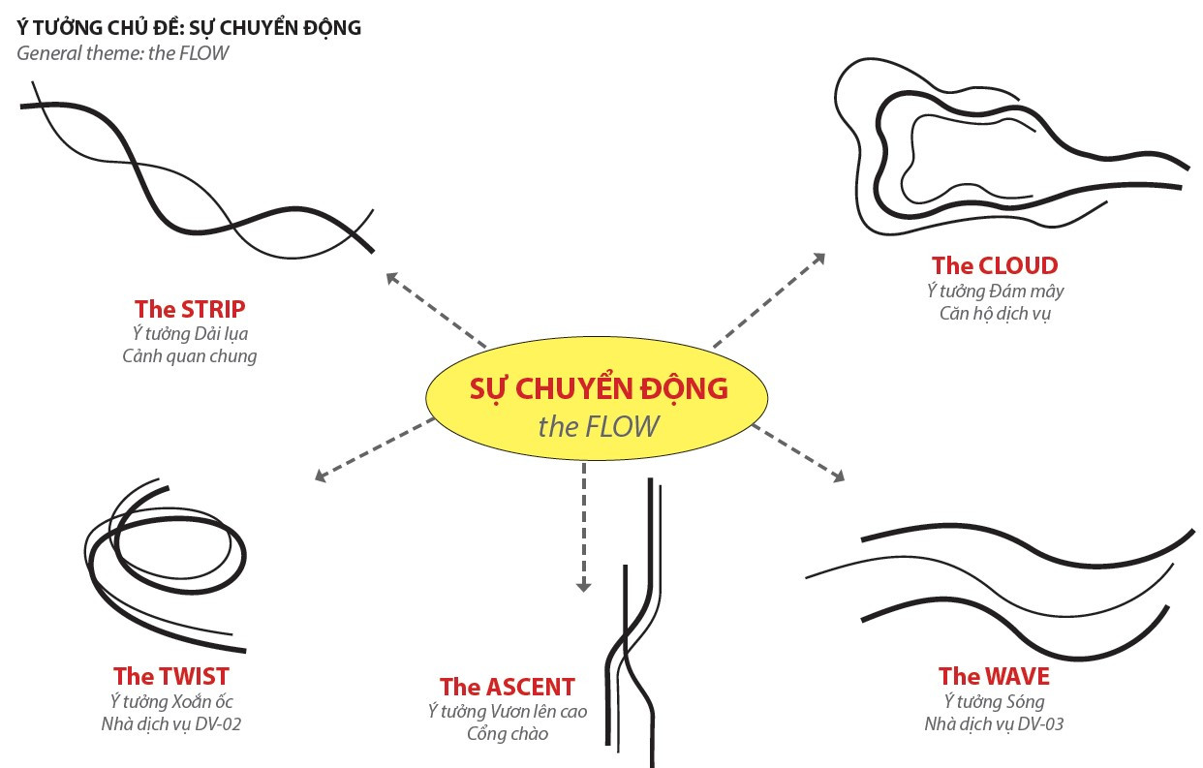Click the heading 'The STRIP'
pos(190,309)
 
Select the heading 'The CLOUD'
pos(995,265)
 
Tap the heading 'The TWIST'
pos(171,675)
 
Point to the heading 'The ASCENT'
pos(507,687)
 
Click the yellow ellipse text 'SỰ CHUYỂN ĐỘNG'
pos(599,388)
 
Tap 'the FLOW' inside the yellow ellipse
pos(599,426)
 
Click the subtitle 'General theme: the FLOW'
pos(123,52)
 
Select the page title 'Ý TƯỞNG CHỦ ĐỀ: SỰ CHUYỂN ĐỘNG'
pos(189,27)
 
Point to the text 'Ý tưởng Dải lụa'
pos(190,334)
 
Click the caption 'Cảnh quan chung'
pos(190,356)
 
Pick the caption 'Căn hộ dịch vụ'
pos(995,313)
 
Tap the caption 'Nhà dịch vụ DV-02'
pos(171,723)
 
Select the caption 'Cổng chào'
pos(507,733)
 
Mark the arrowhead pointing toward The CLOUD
pos(819,258)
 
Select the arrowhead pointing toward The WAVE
pos(838,476)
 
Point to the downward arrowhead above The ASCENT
pos(583,585)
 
